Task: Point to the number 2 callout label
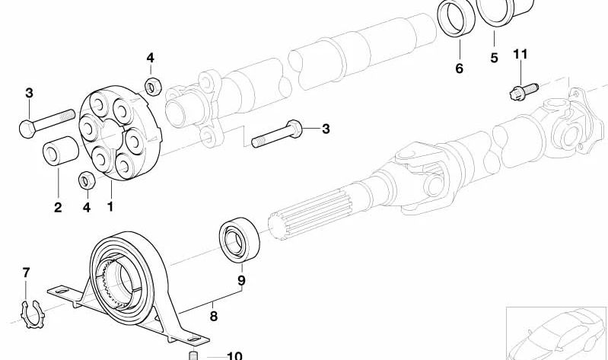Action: [58, 206]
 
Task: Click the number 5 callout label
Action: [493, 58]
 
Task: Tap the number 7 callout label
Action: [26, 272]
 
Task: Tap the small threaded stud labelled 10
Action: [193, 355]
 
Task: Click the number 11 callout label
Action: [520, 54]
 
